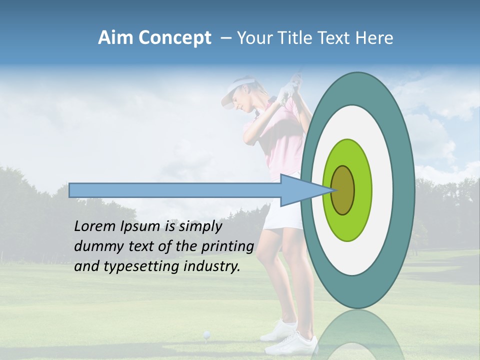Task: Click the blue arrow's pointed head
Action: (300, 190)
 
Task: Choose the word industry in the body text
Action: (212, 266)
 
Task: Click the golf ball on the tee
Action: (206, 333)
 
